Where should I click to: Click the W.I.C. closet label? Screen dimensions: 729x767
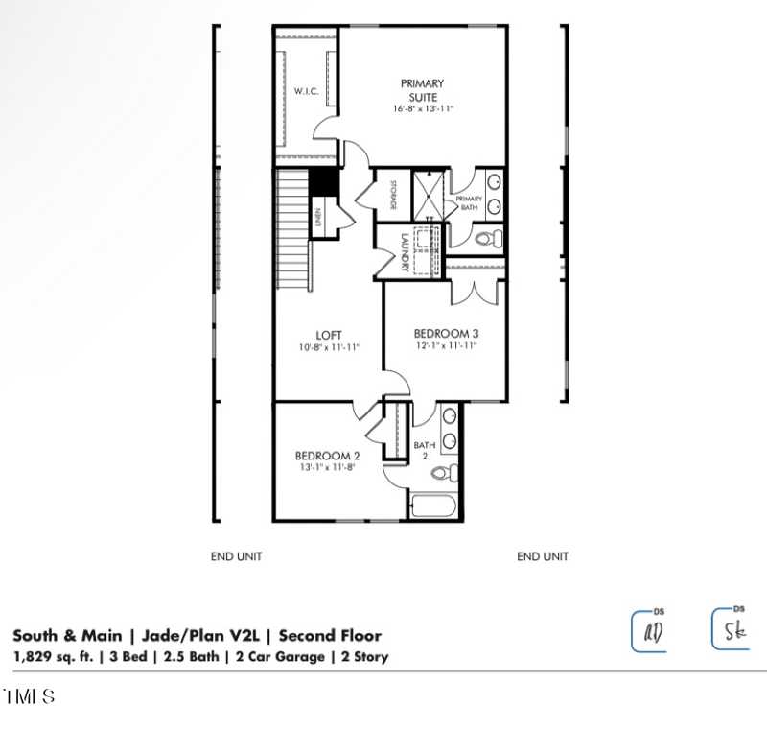coord(307,91)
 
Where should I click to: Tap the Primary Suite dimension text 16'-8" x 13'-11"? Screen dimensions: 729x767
coord(423,109)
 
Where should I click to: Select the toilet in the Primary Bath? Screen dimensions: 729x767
coord(487,238)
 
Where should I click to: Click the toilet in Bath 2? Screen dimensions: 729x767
coord(445,472)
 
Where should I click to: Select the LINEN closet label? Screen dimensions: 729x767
coord(317,218)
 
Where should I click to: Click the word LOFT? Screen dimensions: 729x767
coord(330,335)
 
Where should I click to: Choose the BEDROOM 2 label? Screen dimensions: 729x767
coord(327,456)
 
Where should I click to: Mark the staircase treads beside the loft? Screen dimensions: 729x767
coord(293,229)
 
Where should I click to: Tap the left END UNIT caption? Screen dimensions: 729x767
coord(236,556)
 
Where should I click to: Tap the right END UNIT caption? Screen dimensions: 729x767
coord(543,556)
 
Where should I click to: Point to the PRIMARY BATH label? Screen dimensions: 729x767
coord(469,202)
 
